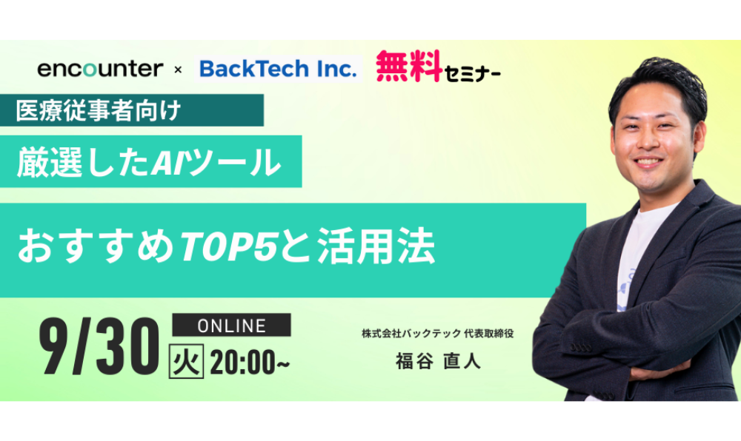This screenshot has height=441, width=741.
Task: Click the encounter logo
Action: [x=100, y=69]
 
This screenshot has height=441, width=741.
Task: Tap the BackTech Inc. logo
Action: [x=279, y=69]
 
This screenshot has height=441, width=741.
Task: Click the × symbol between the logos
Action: [x=178, y=70]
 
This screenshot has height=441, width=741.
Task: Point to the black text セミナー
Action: [x=472, y=73]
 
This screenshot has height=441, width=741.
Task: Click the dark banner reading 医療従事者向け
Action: [x=132, y=110]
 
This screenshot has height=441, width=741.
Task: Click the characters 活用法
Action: [x=376, y=246]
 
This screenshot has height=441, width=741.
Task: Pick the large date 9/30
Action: [x=99, y=346]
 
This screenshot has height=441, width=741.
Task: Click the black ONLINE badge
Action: [x=231, y=325]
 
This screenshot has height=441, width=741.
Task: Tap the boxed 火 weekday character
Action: [x=186, y=362]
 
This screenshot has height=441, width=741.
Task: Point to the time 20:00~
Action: [x=250, y=363]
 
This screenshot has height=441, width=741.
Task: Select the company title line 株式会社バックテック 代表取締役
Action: [x=438, y=334]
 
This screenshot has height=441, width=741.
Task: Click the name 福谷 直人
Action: [x=438, y=361]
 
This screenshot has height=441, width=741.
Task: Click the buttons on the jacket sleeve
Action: [x=580, y=348]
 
